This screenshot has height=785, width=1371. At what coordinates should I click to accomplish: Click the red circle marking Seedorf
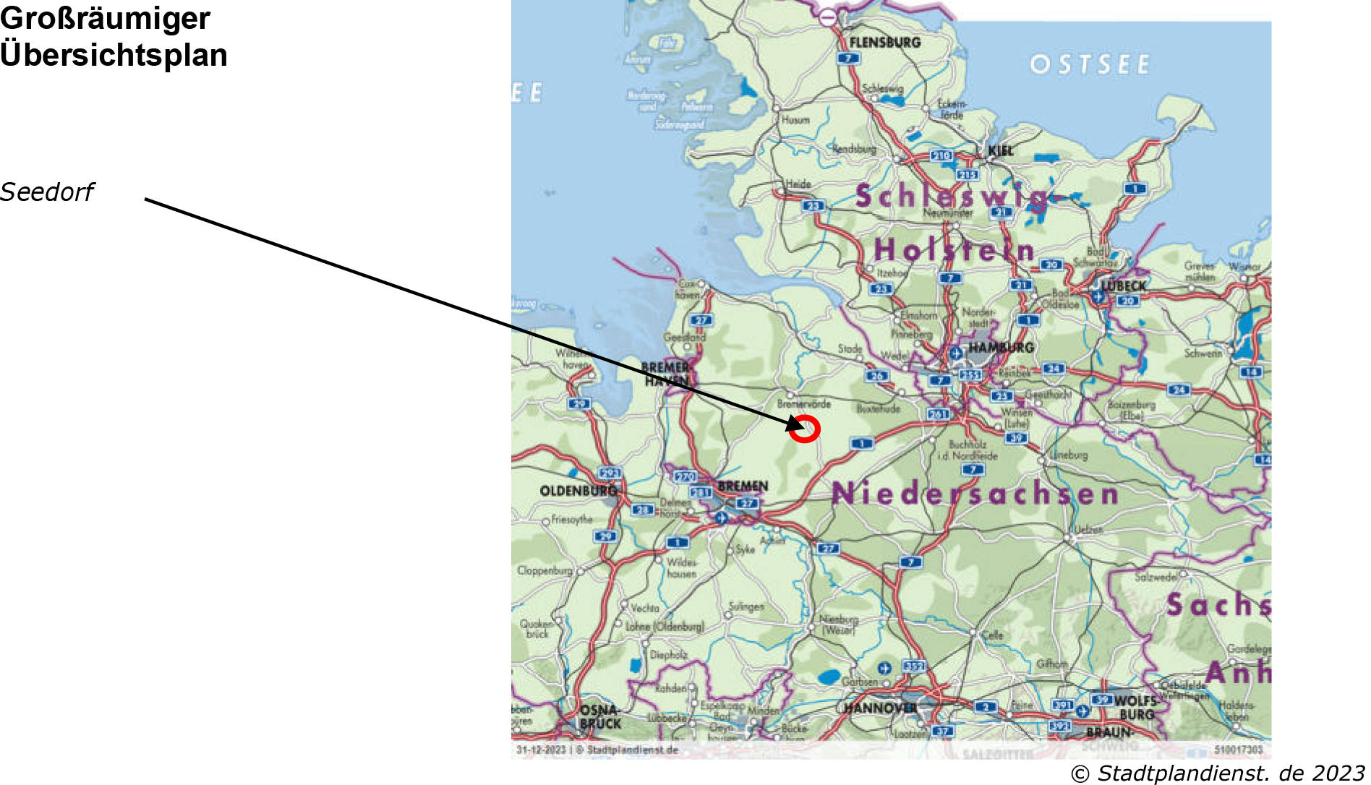pyautogui.click(x=805, y=429)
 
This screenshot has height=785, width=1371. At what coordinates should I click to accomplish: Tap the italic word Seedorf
pyautogui.click(x=47, y=192)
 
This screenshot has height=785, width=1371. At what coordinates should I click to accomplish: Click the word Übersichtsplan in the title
pyautogui.click(x=114, y=55)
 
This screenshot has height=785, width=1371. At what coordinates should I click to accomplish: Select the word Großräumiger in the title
pyautogui.click(x=105, y=18)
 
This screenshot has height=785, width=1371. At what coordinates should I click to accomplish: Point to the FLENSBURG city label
pyautogui.click(x=884, y=43)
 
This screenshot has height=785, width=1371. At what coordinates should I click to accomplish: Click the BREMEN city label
pyautogui.click(x=743, y=486)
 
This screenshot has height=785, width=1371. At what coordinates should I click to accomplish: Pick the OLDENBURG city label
pyautogui.click(x=578, y=491)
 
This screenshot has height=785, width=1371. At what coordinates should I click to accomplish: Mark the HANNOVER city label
pyautogui.click(x=880, y=708)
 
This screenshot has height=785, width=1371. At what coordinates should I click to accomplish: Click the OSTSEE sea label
pyautogui.click(x=1090, y=65)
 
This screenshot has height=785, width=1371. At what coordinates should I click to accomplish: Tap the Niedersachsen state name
pyautogui.click(x=975, y=494)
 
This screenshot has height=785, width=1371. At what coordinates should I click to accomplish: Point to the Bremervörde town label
pyautogui.click(x=803, y=404)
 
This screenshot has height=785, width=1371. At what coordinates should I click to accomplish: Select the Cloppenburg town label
pyautogui.click(x=544, y=570)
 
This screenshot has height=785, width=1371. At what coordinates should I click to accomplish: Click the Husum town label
pyautogui.click(x=795, y=120)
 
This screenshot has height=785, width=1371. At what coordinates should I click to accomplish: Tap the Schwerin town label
pyautogui.click(x=1203, y=353)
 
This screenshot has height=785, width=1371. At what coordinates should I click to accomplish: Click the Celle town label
pyautogui.click(x=992, y=635)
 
